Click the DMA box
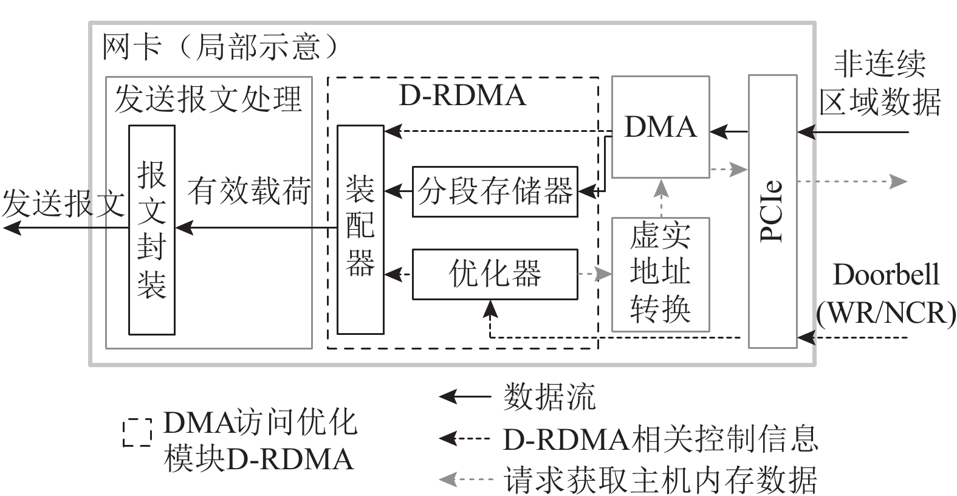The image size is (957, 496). pos(660,127)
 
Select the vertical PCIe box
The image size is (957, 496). pos(772,212)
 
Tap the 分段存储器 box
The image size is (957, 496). pos(495,191)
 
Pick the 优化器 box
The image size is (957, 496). pos(495,274)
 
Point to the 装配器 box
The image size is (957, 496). pos(360,229)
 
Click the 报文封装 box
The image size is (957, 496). pos(152,229)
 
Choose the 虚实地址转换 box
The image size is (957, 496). pos(660,274)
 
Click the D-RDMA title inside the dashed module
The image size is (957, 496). pos(462,96)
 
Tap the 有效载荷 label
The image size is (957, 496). pos(249,191)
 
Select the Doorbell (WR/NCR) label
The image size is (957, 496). pos(886,294)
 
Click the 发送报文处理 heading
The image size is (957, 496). pos(208,98)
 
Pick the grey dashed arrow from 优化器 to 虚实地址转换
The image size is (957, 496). pos(594,274)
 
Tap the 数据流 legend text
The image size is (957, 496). pos(549,398)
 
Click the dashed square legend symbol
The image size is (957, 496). pos(137,432)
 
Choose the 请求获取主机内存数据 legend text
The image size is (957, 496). pos(660,480)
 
